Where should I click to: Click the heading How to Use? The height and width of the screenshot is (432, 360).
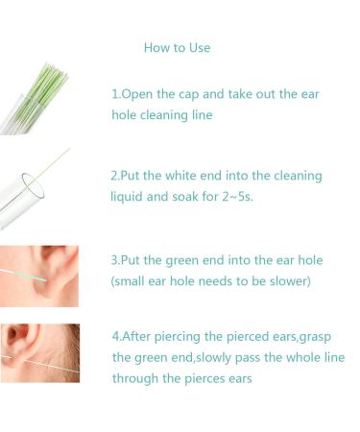(177, 48)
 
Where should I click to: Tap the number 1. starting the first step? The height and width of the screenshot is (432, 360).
(116, 94)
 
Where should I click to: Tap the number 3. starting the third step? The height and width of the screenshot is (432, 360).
(116, 260)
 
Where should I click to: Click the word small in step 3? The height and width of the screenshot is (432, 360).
(133, 281)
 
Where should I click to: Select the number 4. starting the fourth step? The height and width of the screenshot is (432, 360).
(117, 336)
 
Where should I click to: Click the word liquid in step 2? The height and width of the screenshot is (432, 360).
(129, 198)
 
